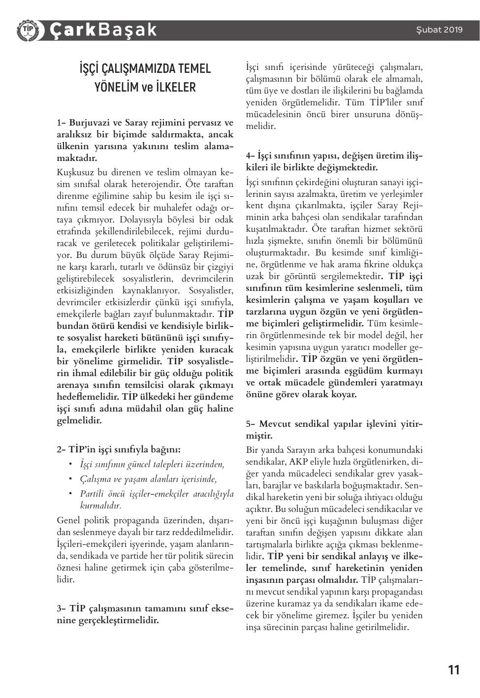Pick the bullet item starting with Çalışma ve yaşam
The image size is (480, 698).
point(148,478)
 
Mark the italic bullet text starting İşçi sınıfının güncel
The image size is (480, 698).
point(152,464)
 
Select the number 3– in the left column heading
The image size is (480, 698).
point(62,608)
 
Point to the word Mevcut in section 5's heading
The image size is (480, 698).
point(279,424)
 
